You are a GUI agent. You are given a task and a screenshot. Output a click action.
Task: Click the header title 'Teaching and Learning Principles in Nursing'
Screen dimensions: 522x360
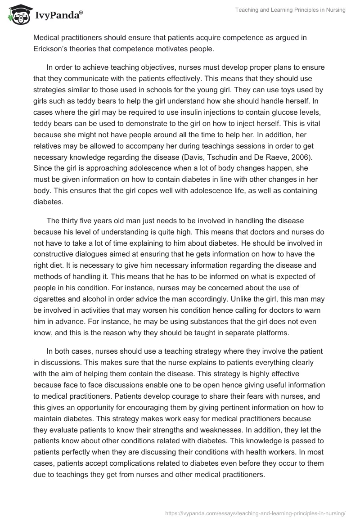point(290,10)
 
